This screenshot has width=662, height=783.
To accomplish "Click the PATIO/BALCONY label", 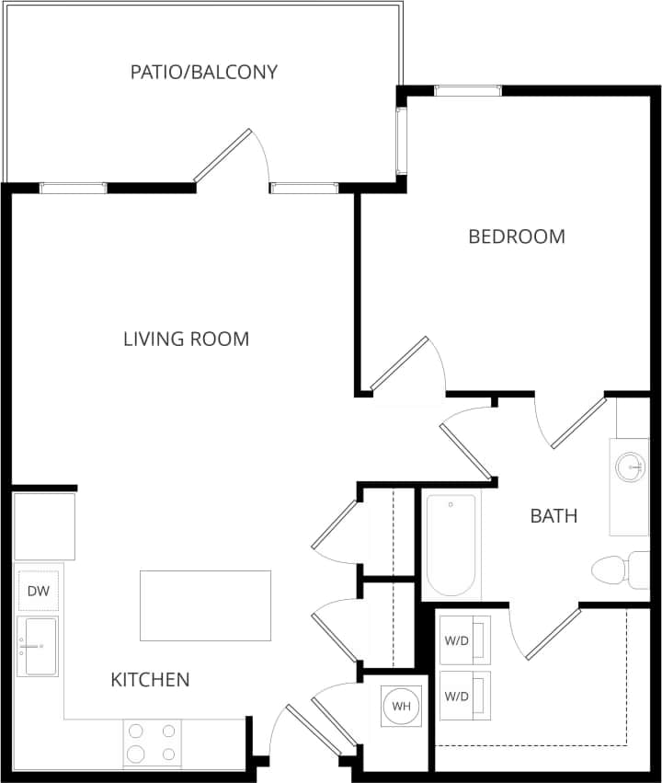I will (x=203, y=72).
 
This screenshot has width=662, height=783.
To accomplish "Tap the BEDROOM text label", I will (x=517, y=236).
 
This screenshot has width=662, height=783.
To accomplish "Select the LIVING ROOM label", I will (x=186, y=339).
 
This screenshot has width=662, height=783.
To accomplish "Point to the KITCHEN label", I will (x=150, y=680).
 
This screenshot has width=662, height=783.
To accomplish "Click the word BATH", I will (x=554, y=515).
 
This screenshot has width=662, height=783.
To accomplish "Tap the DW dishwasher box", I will (x=38, y=591).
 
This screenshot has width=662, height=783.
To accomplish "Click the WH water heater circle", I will (x=401, y=707).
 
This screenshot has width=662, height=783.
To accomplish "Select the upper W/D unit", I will (x=464, y=639).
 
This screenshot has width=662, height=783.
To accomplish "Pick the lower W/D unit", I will (x=464, y=696).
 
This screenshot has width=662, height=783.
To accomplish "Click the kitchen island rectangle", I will (x=205, y=605).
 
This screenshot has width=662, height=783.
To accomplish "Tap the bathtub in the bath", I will (x=451, y=545).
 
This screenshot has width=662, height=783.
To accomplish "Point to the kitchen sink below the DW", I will (x=38, y=646).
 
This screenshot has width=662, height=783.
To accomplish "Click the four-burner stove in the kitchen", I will (x=153, y=743).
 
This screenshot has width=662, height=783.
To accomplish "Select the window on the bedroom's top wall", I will (x=468, y=90).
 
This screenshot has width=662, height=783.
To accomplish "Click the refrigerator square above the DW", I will (x=44, y=526).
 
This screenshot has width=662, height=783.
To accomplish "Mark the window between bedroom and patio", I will (x=401, y=141).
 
